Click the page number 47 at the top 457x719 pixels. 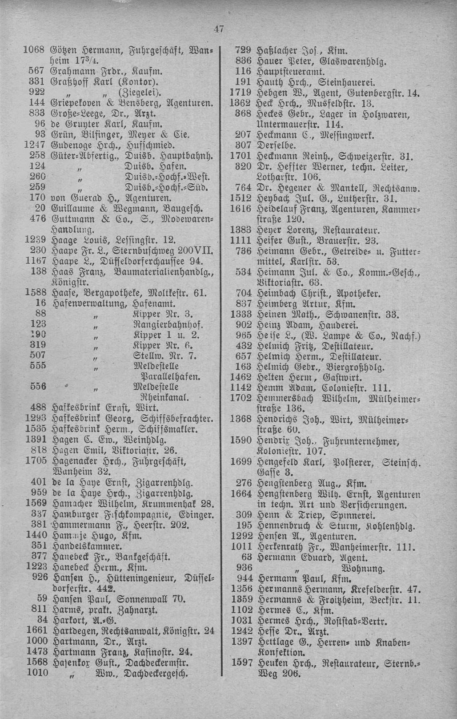(x=217, y=29)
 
